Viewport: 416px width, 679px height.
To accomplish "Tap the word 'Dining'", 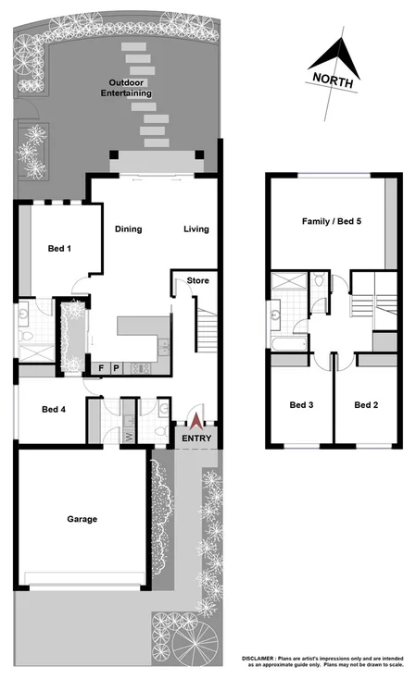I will click(128, 229).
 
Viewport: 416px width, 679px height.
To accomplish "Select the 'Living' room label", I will click(195, 229).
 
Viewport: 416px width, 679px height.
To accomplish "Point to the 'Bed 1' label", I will click(59, 248).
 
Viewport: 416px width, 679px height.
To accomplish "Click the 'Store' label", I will click(196, 280).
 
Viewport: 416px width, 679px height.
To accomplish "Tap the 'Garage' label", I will click(82, 519).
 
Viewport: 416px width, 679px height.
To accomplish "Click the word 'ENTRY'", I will click(195, 438).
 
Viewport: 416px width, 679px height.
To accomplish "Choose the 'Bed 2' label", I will click(367, 404).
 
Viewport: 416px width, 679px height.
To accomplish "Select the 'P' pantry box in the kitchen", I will click(117, 367).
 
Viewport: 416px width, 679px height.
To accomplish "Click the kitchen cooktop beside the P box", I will click(143, 367).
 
